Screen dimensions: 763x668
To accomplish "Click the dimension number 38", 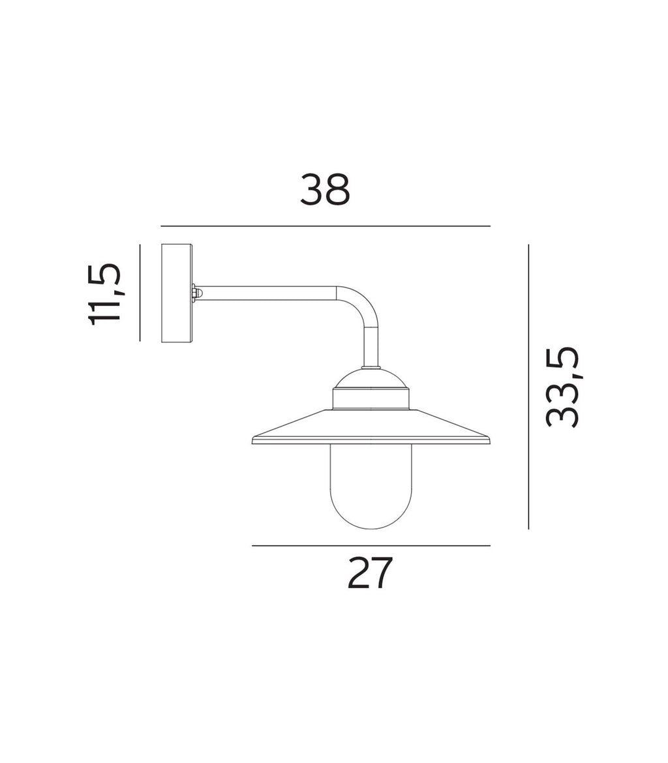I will (325, 190).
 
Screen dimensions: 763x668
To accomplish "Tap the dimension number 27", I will (370, 573).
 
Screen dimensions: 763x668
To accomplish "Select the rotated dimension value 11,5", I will (104, 293).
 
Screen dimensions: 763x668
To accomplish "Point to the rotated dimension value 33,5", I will (562, 387).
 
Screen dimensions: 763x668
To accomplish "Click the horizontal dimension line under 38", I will (325, 226).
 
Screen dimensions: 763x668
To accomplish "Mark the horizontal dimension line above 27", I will (371, 546).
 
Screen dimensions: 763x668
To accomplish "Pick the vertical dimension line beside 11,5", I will (140, 293).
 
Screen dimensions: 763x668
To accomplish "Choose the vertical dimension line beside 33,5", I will (528, 387).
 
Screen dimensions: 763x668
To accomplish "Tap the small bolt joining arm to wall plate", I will (195, 293).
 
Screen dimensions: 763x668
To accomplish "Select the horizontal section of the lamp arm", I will (267, 293).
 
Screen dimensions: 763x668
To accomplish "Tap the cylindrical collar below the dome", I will (371, 399).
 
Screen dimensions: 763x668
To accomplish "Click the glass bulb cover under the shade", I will (371, 483).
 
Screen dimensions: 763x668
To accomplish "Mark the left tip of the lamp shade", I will (254, 440).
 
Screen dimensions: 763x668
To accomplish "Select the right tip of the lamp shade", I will (488, 440).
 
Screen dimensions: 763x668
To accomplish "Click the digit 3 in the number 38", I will (312, 190).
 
